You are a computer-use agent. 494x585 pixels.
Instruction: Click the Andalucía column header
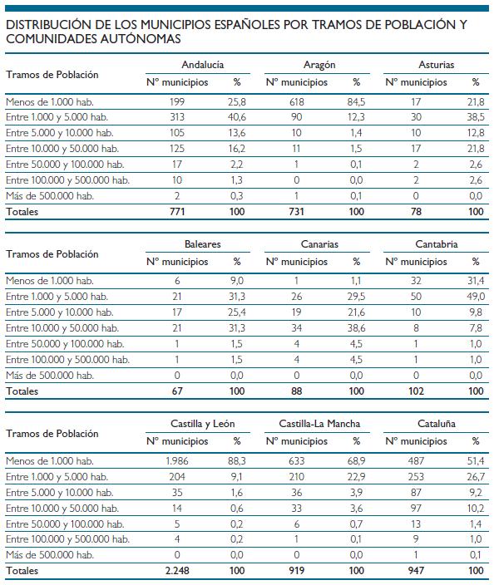[203, 65]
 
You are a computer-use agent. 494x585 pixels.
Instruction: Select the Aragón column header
[319, 65]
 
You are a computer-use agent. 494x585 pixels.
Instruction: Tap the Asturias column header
[436, 65]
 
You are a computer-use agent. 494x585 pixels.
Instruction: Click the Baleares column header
[202, 244]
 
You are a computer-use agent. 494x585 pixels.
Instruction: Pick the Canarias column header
[319, 244]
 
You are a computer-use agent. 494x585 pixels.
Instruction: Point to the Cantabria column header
[436, 244]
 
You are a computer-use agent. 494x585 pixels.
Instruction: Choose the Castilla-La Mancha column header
[319, 424]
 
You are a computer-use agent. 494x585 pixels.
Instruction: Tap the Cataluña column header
[436, 424]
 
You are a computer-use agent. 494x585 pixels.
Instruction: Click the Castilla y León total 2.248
[177, 570]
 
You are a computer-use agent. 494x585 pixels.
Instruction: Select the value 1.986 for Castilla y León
[177, 460]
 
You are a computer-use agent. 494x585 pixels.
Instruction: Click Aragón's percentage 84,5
[356, 102]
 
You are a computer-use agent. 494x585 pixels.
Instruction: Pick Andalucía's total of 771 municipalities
[177, 212]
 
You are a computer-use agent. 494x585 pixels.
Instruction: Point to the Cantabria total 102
[416, 391]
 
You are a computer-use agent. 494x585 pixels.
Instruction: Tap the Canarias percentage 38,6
[356, 328]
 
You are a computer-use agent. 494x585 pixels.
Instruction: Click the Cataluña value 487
[416, 460]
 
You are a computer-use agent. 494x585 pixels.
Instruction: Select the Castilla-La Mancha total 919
[296, 570]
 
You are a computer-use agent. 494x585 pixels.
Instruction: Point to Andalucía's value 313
[177, 117]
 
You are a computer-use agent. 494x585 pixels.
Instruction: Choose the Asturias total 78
[416, 212]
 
